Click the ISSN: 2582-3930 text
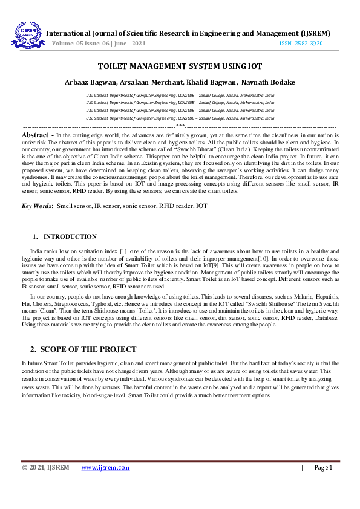[x=301, y=44]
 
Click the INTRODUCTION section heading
[x=70, y=236]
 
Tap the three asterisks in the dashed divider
[x=180, y=125]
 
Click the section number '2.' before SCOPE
[x=34, y=349]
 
